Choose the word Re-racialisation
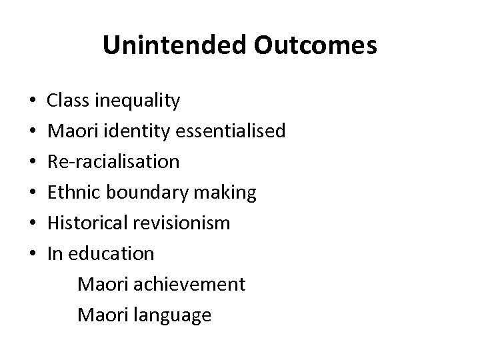coord(113,161)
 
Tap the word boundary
coord(143,193)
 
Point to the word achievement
coord(190,284)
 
